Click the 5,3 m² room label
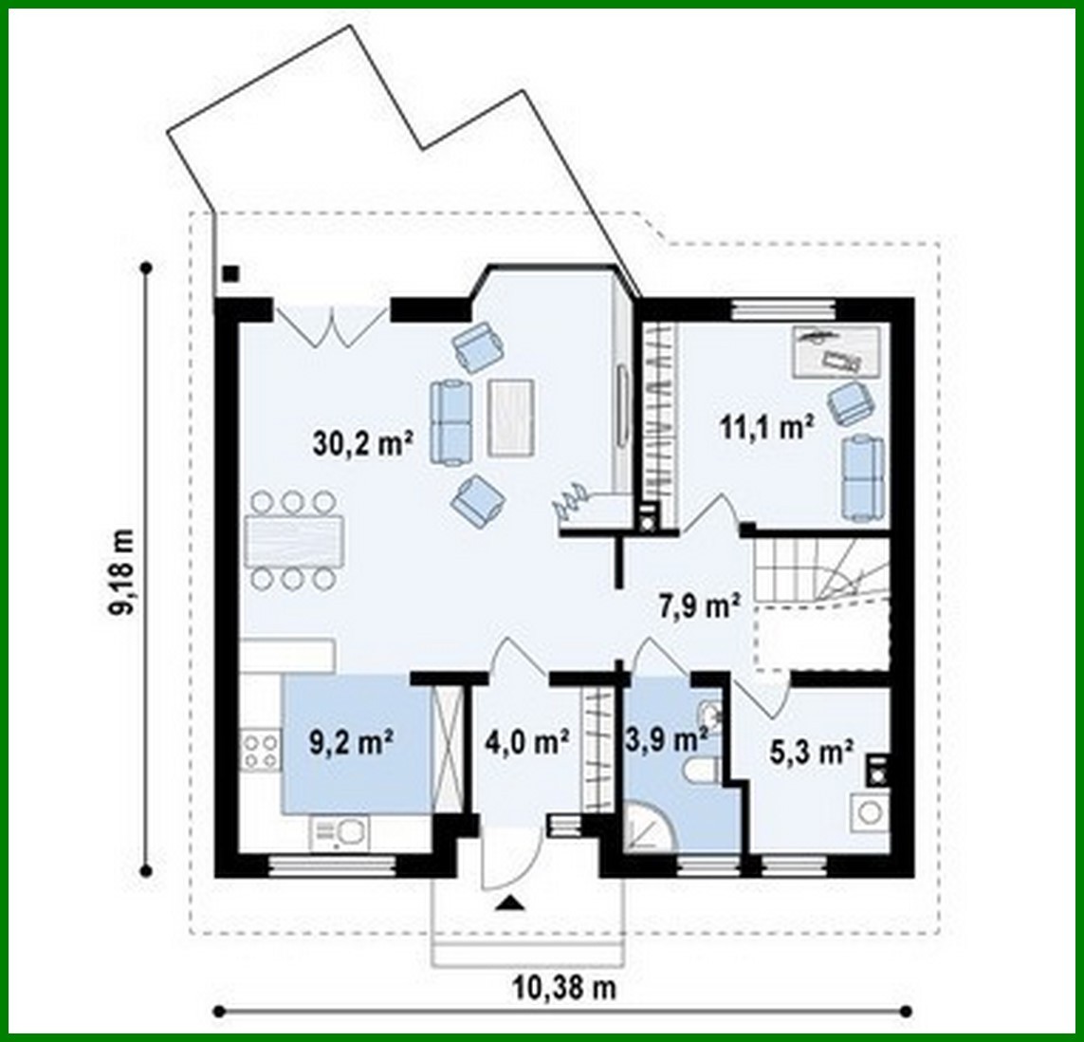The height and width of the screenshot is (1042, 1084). coord(809,754)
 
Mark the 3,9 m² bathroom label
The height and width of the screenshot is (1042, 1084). coord(666,738)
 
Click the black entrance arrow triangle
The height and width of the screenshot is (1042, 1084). coord(510,902)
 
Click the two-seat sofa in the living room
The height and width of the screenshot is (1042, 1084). coord(451,421)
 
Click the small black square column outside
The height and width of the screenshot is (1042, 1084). coord(230,274)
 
